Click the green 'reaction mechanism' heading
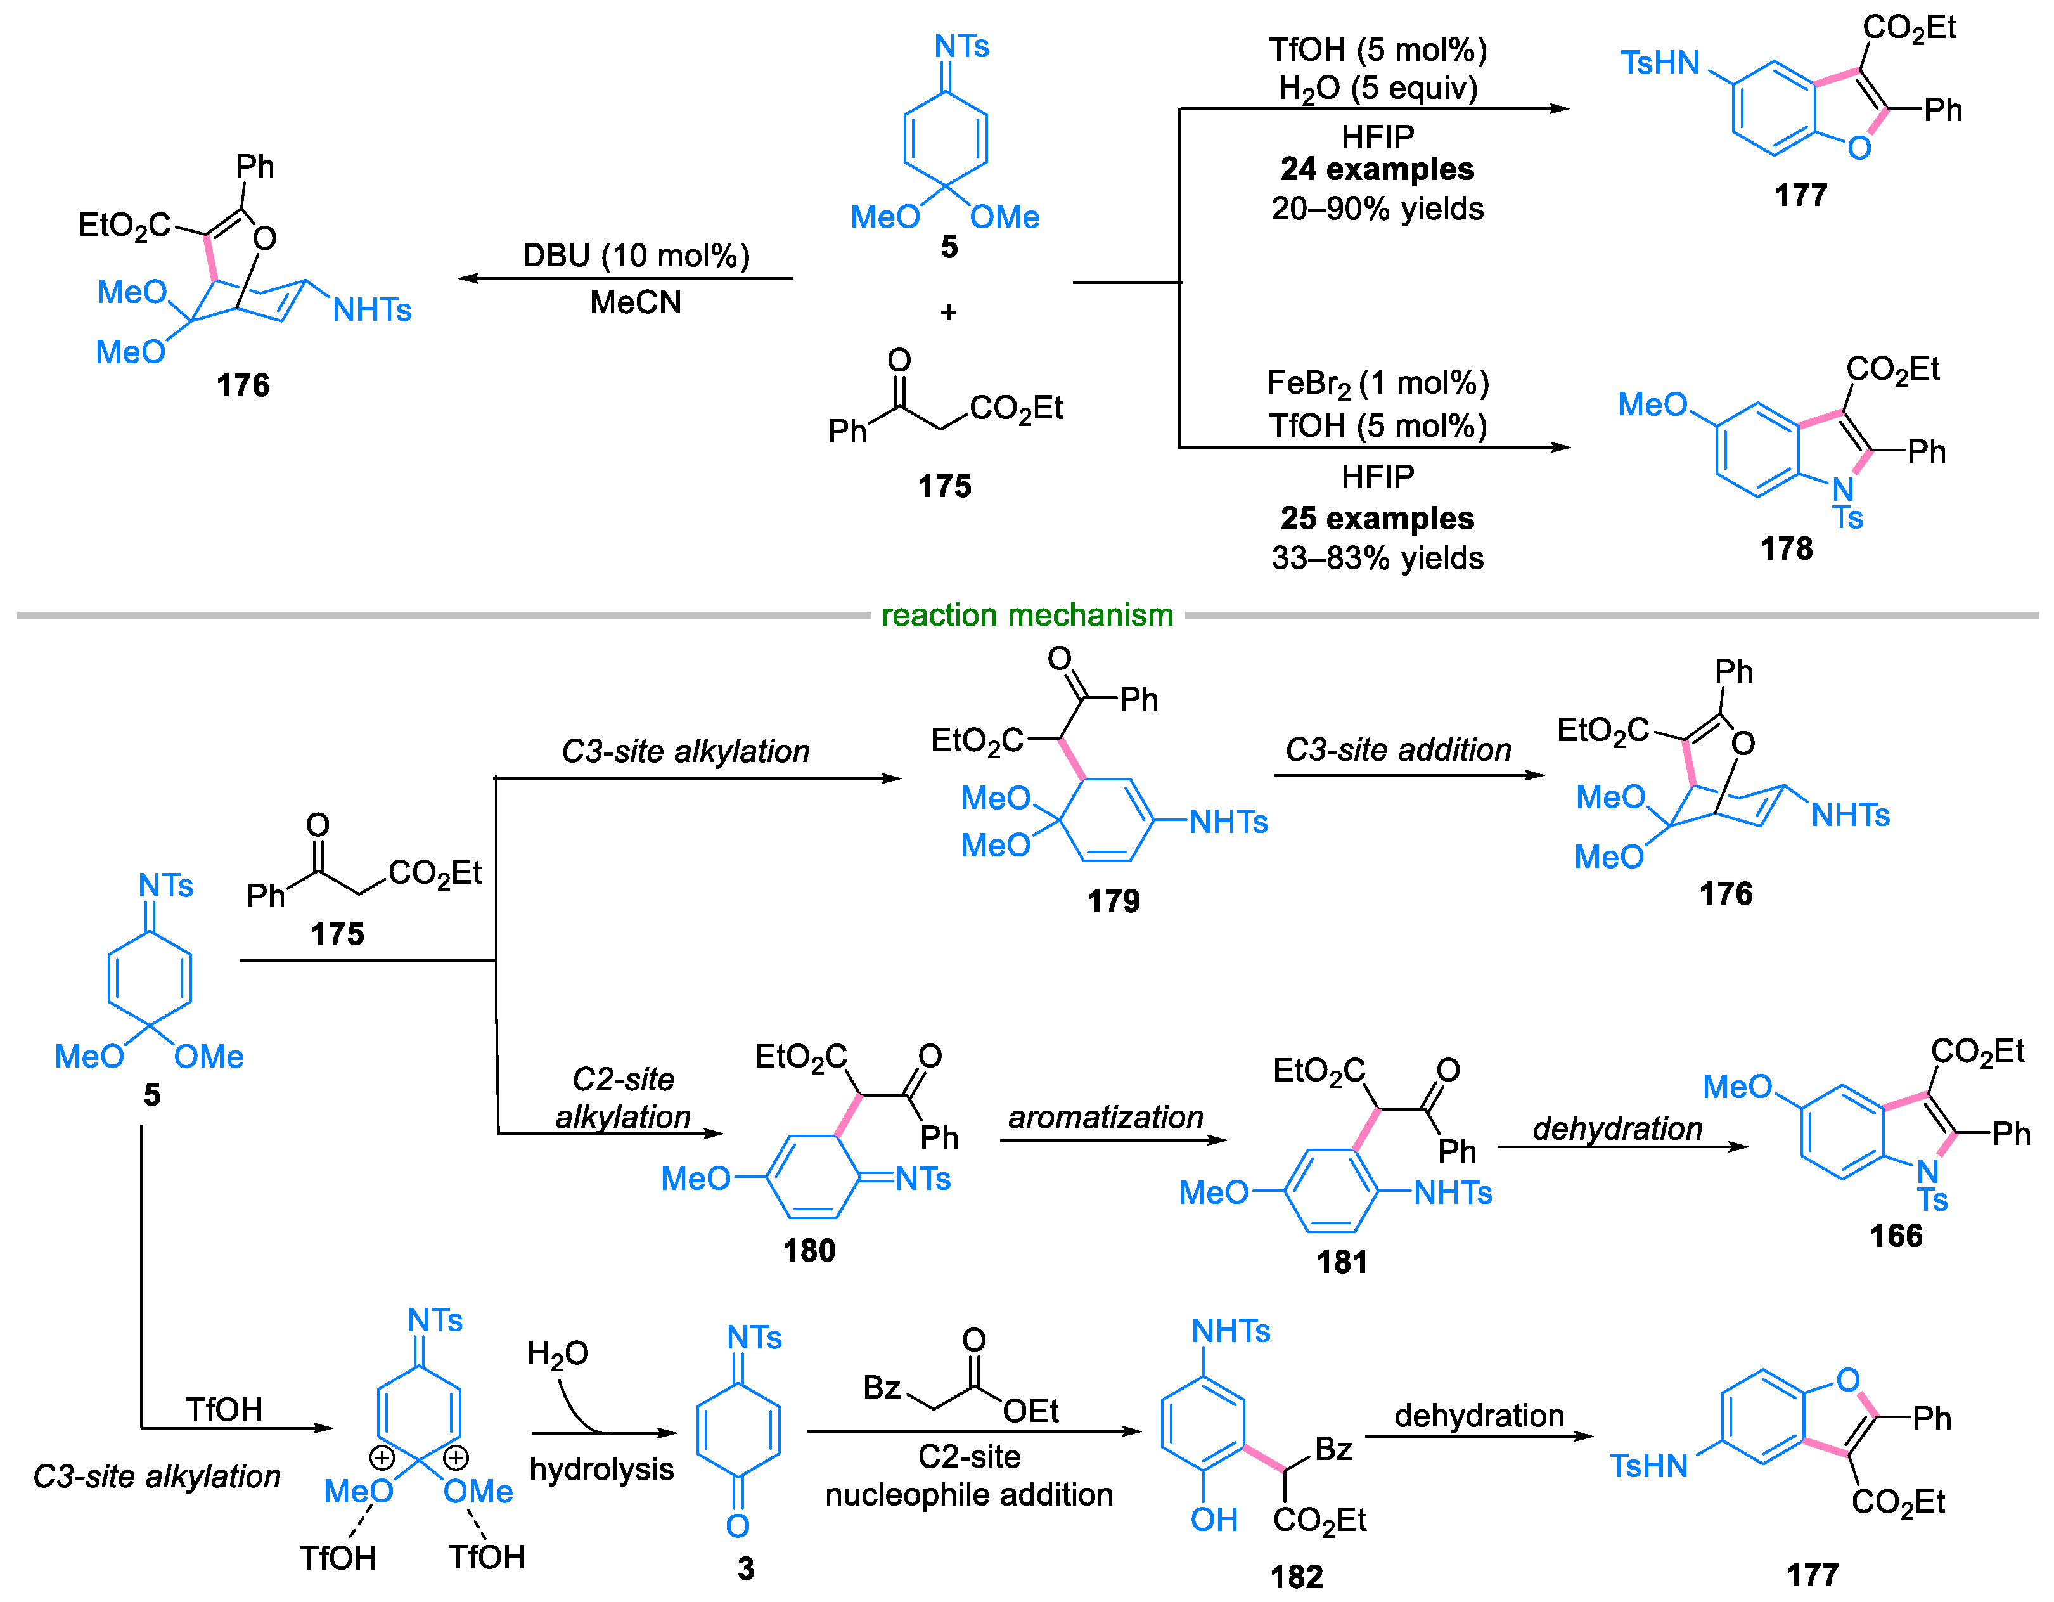(1027, 615)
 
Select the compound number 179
(1114, 901)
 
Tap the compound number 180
(809, 1250)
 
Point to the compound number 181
(1342, 1262)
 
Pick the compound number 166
(1896, 1235)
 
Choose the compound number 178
(1786, 548)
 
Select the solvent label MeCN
(636, 302)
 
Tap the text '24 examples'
(1377, 169)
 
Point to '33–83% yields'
(1377, 558)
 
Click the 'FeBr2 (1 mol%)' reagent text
(1377, 384)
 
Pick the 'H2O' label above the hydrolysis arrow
(558, 1353)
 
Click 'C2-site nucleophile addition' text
(968, 1475)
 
